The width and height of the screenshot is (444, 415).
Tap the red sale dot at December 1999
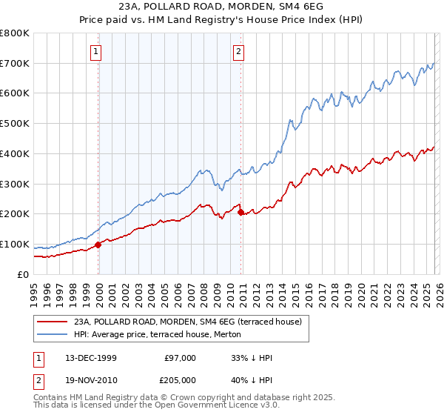pos(98,245)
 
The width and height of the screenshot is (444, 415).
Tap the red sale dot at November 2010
pos(241,212)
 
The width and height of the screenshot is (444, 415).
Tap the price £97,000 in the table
pos(181,358)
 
